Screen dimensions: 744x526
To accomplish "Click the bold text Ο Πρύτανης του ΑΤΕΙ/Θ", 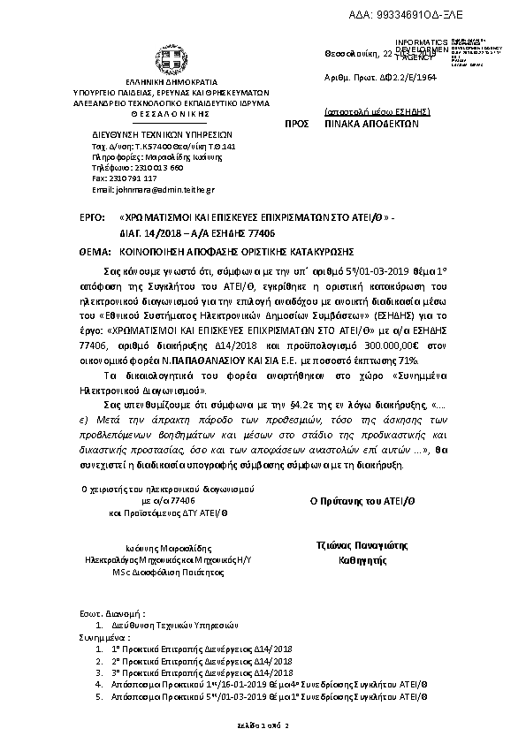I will point(354,499).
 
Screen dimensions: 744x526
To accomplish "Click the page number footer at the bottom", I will point(263,725).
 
